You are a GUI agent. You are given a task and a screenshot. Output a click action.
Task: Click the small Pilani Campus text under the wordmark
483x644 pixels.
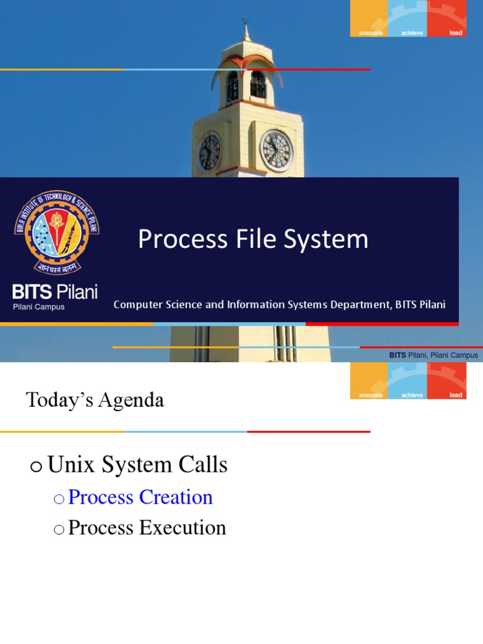[x=39, y=307]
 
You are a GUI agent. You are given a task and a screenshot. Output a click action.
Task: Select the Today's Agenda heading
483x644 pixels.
[x=95, y=400]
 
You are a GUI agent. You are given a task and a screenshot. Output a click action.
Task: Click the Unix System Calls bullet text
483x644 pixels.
[x=137, y=465]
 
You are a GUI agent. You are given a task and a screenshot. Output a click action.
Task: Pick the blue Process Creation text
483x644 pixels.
[x=140, y=497]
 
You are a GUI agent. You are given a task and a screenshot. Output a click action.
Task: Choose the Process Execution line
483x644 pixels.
[x=147, y=528]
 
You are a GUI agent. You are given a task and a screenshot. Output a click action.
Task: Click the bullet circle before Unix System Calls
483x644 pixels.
[x=36, y=467]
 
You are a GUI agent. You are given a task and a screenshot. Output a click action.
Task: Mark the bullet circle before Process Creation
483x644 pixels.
[x=59, y=499]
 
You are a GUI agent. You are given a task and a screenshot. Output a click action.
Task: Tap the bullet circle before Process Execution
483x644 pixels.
[x=59, y=530]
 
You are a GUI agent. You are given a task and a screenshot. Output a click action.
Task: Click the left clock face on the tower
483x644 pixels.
[x=209, y=152]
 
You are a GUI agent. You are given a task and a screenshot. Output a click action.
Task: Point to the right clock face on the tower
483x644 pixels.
[x=277, y=151]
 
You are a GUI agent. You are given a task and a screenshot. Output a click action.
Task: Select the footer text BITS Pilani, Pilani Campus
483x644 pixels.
[x=433, y=355]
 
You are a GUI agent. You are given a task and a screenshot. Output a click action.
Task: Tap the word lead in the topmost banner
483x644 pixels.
[x=455, y=33]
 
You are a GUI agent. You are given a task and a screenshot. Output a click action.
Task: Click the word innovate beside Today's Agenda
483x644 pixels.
[x=370, y=395]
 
